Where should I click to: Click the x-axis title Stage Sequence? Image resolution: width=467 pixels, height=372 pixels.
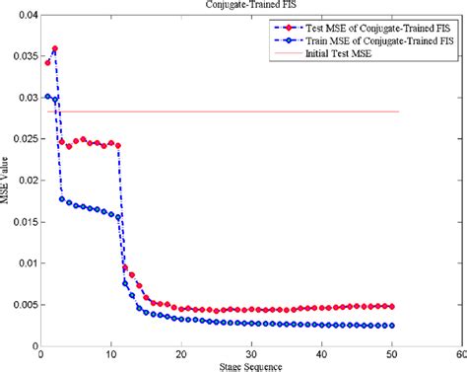tap(246, 366)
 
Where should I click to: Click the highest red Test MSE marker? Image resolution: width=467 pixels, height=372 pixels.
tap(55, 48)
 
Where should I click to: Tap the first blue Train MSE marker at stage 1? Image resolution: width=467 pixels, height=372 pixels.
tap(47, 97)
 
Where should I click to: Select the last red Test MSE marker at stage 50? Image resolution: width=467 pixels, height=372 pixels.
tap(391, 307)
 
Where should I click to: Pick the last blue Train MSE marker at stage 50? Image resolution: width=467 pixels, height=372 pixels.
tap(391, 326)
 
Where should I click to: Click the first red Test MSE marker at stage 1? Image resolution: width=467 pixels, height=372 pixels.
tap(47, 62)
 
